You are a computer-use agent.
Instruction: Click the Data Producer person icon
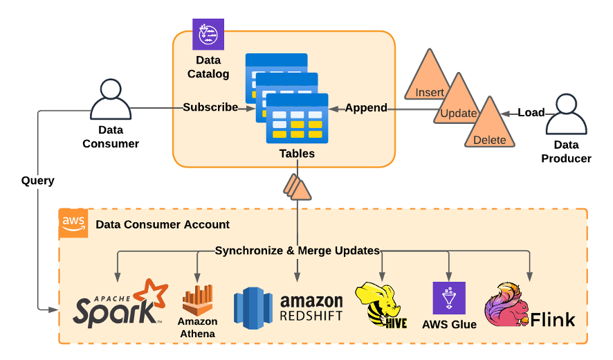click(x=566, y=115)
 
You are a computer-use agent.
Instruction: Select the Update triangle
click(x=458, y=102)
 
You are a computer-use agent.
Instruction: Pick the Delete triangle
click(x=490, y=128)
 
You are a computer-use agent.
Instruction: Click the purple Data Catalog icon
click(x=208, y=34)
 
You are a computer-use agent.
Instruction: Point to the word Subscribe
click(x=210, y=107)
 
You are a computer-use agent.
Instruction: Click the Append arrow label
click(x=366, y=107)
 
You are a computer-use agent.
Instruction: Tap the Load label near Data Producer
click(x=531, y=113)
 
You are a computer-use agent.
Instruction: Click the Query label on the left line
click(x=37, y=181)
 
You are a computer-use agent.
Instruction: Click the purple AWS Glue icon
click(x=449, y=298)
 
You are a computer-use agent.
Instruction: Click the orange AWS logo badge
click(x=73, y=223)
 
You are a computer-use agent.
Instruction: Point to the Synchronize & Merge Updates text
click(x=298, y=251)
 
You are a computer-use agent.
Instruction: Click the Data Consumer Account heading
click(x=163, y=224)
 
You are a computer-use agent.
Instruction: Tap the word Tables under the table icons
click(x=297, y=154)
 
